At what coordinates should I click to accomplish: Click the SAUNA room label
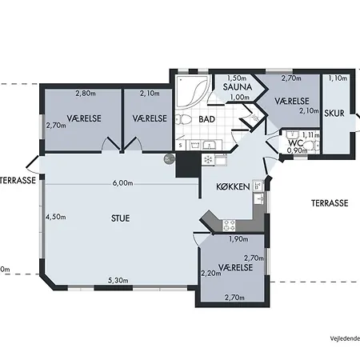(x=238, y=87)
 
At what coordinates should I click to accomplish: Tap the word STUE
(x=120, y=218)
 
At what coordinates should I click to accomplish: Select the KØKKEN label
(x=233, y=186)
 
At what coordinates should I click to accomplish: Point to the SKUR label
(x=334, y=114)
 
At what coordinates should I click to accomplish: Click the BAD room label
(x=206, y=119)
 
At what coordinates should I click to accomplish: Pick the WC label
(x=295, y=143)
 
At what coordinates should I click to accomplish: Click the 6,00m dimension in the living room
(x=122, y=183)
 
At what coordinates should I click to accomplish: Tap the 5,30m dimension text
(x=118, y=280)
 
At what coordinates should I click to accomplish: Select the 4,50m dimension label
(x=56, y=217)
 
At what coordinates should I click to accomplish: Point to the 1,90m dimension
(x=238, y=239)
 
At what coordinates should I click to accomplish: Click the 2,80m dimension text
(x=86, y=94)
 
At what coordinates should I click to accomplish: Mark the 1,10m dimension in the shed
(x=338, y=78)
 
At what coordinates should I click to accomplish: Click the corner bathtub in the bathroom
(x=193, y=91)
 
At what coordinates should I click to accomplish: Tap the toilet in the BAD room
(x=183, y=119)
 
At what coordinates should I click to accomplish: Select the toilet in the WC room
(x=310, y=146)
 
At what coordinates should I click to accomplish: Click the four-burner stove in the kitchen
(x=229, y=226)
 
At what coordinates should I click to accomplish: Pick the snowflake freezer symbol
(x=208, y=160)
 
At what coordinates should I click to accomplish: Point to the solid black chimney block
(x=188, y=165)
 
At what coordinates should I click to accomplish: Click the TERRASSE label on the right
(x=330, y=203)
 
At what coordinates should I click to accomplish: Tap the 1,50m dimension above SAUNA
(x=237, y=78)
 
